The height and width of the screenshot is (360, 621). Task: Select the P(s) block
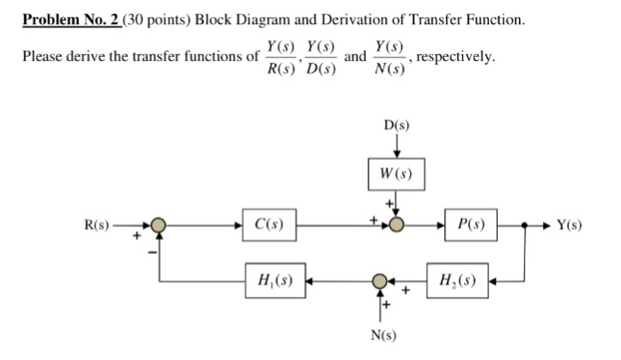click(471, 225)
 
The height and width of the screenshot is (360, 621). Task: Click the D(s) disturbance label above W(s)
click(397, 126)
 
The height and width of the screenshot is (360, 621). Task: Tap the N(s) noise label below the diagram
click(383, 335)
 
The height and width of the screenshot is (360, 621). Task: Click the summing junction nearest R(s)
click(158, 225)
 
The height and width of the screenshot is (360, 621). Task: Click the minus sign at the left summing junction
click(153, 252)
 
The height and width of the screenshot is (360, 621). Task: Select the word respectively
click(456, 58)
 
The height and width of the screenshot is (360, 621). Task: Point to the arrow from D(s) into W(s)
click(397, 144)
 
